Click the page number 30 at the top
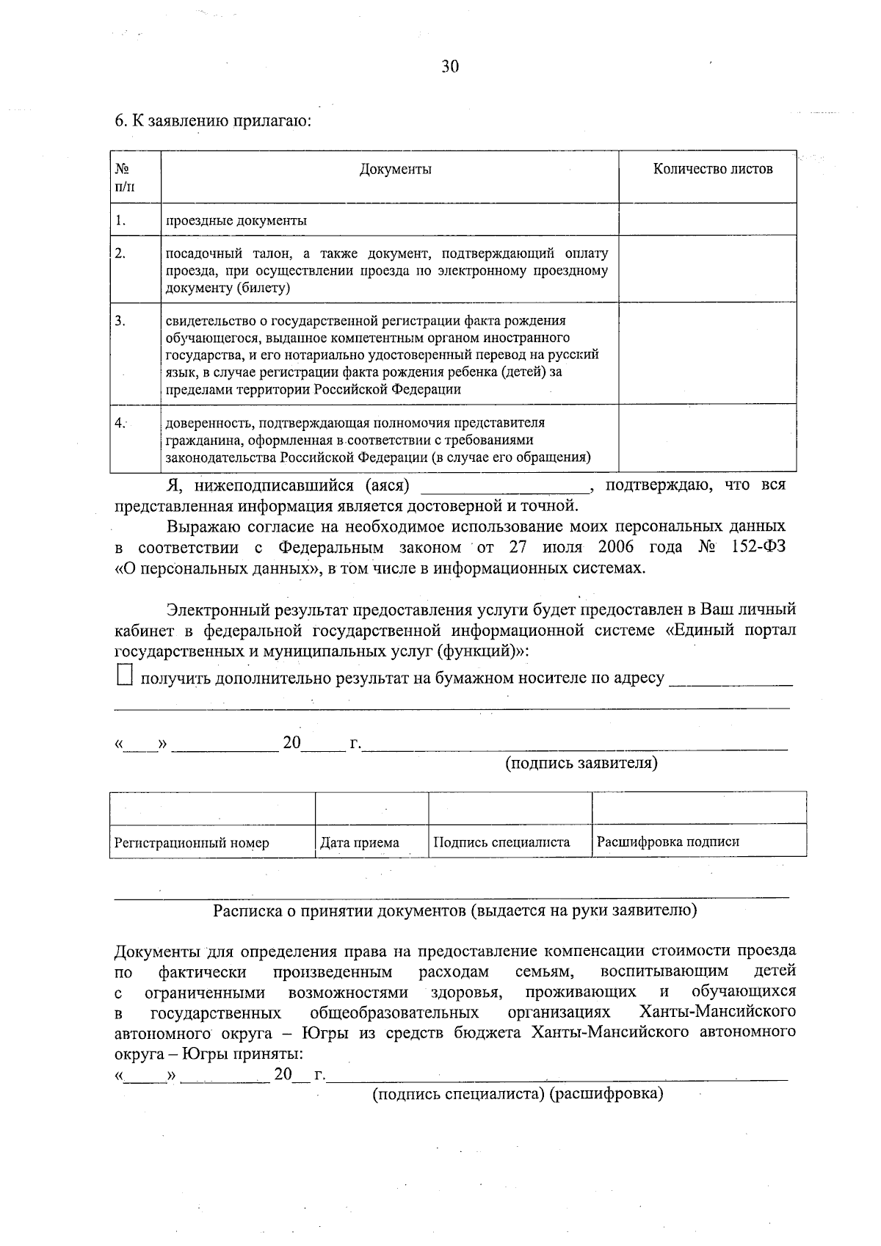point(450,67)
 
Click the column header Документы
point(395,170)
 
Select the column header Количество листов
point(713,170)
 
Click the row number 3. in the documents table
point(120,321)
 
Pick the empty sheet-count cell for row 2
point(708,269)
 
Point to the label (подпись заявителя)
point(581,764)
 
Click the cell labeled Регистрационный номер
point(192,843)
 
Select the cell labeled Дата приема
point(360,843)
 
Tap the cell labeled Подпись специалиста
point(501,842)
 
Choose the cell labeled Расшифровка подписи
point(667,842)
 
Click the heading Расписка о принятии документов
point(454,911)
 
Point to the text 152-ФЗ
point(758,548)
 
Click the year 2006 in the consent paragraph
point(615,548)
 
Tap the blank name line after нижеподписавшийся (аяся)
point(504,488)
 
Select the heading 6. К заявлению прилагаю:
point(214,121)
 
